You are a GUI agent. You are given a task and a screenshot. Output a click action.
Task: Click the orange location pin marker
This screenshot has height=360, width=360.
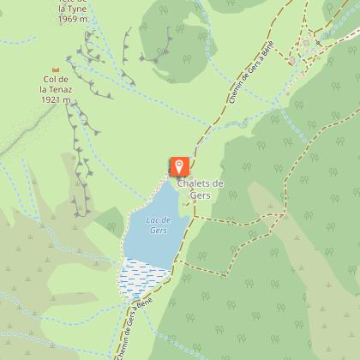coord(179,165)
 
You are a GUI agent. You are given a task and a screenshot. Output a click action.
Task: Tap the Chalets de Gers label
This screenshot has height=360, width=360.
coord(201,189)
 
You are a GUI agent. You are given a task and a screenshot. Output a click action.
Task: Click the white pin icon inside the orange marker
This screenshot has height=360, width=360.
coord(179,164)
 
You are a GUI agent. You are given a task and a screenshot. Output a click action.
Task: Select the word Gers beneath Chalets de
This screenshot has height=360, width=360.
coord(200,195)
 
